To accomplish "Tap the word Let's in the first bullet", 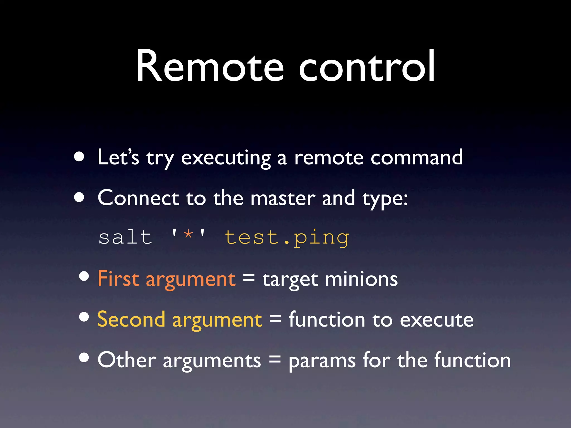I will click(x=118, y=157).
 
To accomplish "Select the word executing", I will click(x=226, y=158).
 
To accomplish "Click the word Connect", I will click(x=138, y=198).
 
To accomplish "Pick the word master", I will click(x=283, y=198).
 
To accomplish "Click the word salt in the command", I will click(x=125, y=237).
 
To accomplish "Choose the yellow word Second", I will click(x=131, y=319).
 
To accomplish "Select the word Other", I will click(x=127, y=360).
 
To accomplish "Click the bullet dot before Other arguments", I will click(x=84, y=357).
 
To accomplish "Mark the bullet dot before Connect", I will click(x=79, y=197).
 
